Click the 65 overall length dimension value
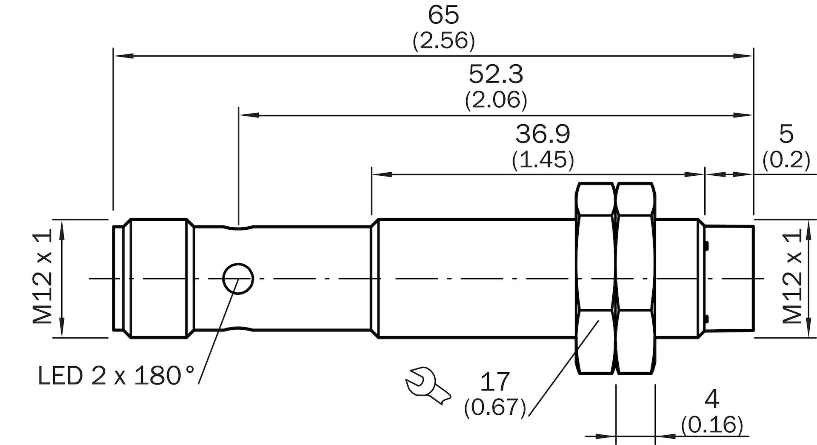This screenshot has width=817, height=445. [443, 15]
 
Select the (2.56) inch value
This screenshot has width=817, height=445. [443, 41]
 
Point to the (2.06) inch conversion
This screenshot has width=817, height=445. [496, 100]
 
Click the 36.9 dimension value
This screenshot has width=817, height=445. [543, 134]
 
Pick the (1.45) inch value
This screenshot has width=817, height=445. [543, 160]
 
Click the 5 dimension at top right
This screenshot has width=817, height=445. [786, 134]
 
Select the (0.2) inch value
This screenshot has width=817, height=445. [786, 160]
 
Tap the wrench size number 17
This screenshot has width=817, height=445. [495, 382]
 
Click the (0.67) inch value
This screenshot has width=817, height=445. [495, 407]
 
